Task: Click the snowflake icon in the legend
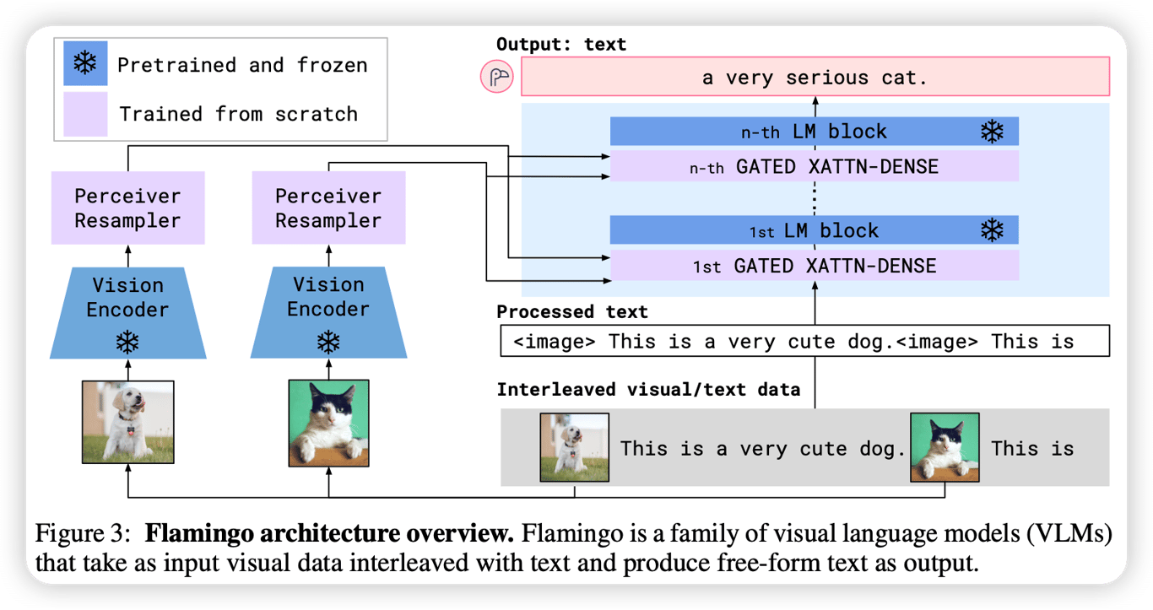[x=85, y=64]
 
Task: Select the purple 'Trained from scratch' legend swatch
[x=85, y=114]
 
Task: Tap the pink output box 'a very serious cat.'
[x=815, y=78]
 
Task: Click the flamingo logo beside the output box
[x=497, y=78]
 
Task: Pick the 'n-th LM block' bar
[x=815, y=132]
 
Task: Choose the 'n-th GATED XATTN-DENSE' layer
[x=815, y=166]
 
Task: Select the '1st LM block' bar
[x=815, y=230]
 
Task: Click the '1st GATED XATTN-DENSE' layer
[x=815, y=266]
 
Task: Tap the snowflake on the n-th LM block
[x=992, y=132]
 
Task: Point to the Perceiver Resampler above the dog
[x=127, y=208]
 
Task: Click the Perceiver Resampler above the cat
[x=328, y=208]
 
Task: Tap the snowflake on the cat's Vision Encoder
[x=328, y=341]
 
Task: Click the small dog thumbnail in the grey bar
[x=575, y=447]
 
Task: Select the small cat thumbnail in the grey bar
[x=945, y=447]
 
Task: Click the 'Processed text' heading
[x=572, y=312]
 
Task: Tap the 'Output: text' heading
[x=561, y=45]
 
